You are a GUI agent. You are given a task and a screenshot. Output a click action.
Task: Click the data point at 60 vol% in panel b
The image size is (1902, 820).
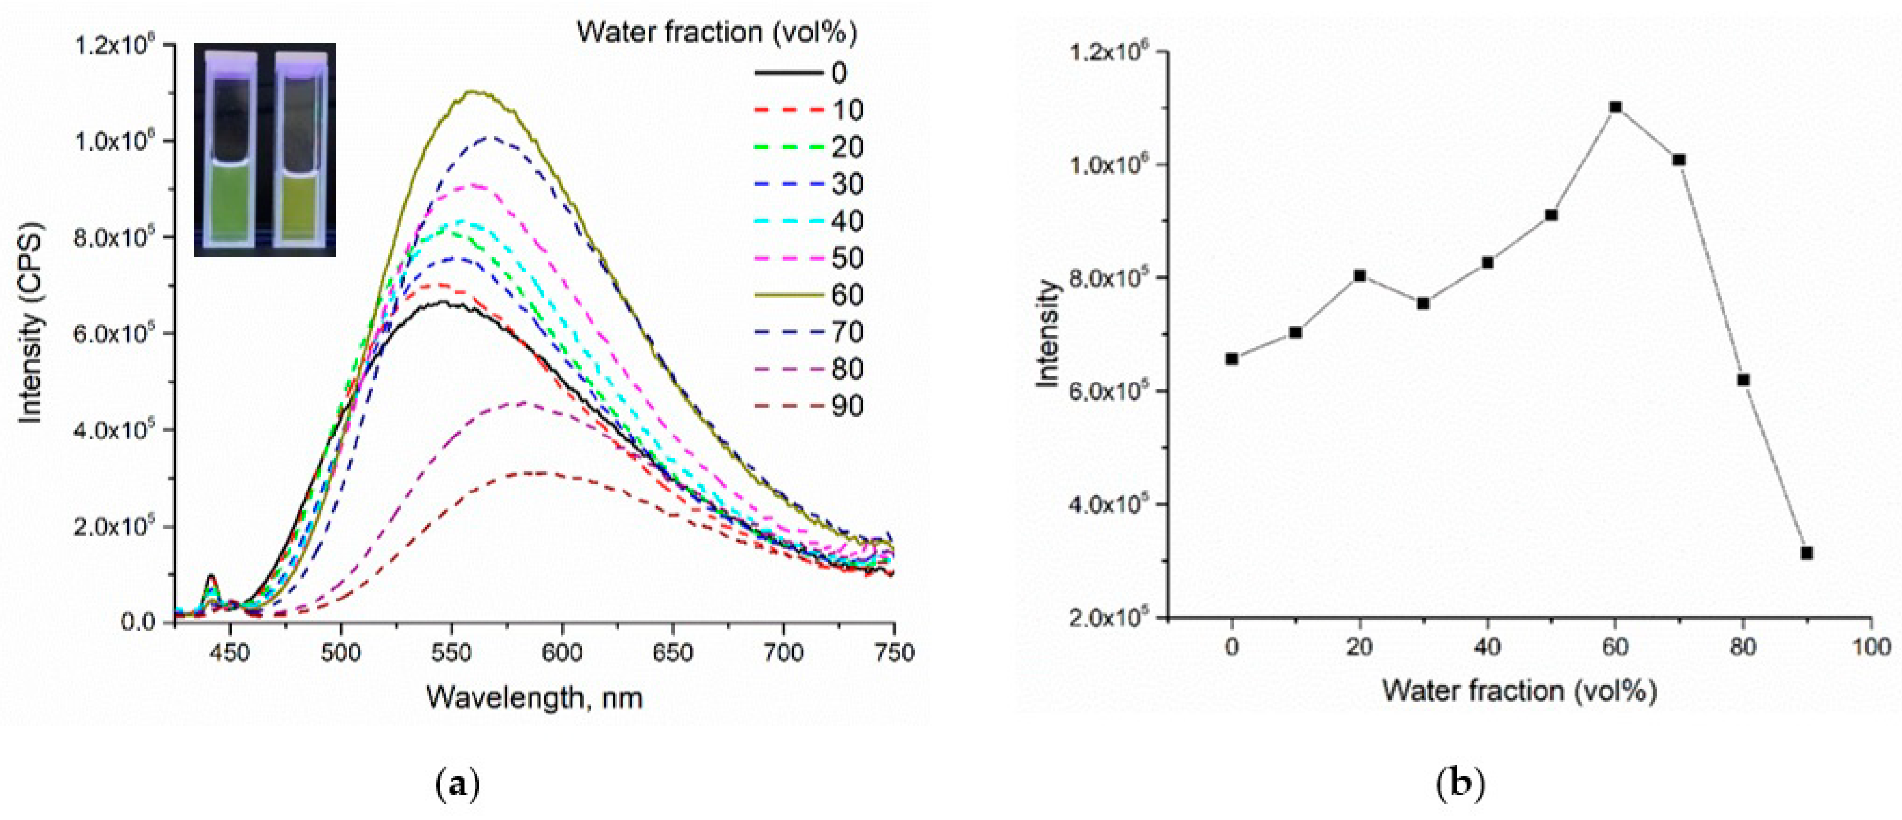[x=1615, y=107]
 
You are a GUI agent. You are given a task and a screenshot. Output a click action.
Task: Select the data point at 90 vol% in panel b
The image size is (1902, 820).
[x=1807, y=553]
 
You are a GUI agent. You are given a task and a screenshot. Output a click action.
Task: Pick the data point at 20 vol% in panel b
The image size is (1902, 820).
[x=1359, y=276]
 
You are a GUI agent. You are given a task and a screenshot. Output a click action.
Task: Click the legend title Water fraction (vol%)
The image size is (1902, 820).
[x=717, y=33]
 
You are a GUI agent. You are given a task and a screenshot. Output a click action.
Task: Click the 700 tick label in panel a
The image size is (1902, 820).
[x=783, y=653]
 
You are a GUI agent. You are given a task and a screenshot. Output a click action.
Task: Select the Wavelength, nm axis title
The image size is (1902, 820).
[x=534, y=697]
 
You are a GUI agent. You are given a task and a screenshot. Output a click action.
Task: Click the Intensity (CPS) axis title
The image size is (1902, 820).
[x=30, y=323]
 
